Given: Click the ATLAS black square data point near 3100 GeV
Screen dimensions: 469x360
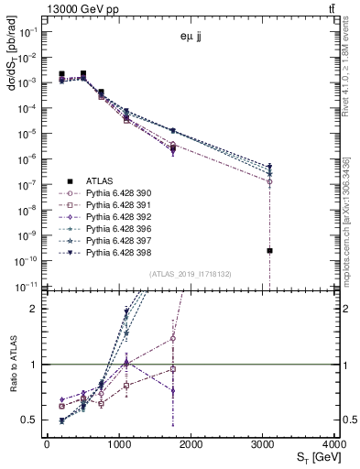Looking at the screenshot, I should pos(269,250).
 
